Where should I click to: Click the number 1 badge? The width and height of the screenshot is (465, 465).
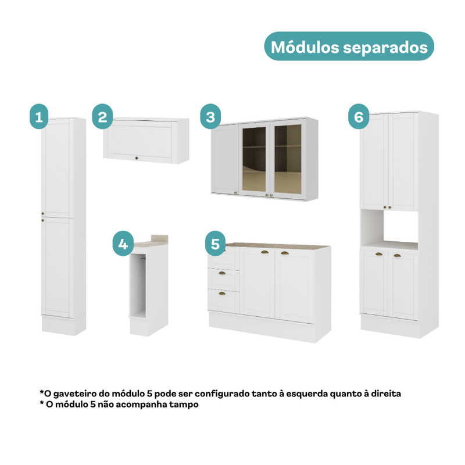coord(39,116)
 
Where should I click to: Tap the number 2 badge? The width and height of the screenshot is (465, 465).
coord(102,116)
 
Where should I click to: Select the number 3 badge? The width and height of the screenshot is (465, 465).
coord(210,116)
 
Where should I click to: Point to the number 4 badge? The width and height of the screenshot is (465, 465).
coord(123,244)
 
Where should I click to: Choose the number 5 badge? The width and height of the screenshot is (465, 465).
coord(215,244)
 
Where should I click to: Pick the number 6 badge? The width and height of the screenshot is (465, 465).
coord(359,116)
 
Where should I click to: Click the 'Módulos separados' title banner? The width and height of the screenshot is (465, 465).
coord(349,46)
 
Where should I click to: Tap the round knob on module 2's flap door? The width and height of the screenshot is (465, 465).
coord(137,158)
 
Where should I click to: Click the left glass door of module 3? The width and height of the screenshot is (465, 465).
coord(254,159)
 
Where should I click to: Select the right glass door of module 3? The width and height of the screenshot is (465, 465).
coord(288,159)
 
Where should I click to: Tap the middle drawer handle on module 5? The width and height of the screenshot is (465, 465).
coord(222,273)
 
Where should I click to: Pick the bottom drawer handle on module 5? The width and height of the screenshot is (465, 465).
coord(222,294)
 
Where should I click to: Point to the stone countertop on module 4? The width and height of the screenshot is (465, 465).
coord(151,242)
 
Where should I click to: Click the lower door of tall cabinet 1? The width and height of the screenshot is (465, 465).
coord(57,267)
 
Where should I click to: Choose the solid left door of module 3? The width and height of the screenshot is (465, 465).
coord(225,159)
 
